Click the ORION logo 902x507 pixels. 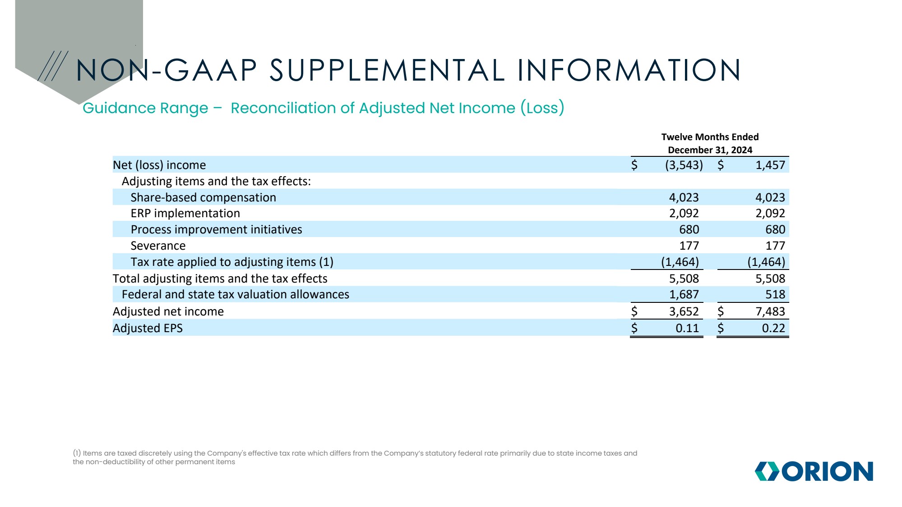click(814, 471)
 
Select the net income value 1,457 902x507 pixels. click(770, 165)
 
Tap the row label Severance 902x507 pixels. click(158, 246)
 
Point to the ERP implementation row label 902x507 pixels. click(185, 213)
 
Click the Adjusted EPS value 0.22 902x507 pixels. click(773, 328)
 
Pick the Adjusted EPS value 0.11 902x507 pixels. click(687, 328)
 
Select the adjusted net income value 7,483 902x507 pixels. click(770, 311)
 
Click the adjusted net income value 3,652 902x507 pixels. click(684, 311)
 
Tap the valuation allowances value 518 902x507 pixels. click(775, 294)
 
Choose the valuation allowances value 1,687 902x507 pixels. click(684, 294)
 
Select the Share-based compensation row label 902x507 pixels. click(203, 197)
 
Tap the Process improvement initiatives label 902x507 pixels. click(216, 229)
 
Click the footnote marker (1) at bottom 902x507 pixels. click(77, 453)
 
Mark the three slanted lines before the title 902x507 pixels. click(53, 66)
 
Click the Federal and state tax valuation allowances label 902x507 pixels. click(235, 294)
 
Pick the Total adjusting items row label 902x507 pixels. click(220, 279)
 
